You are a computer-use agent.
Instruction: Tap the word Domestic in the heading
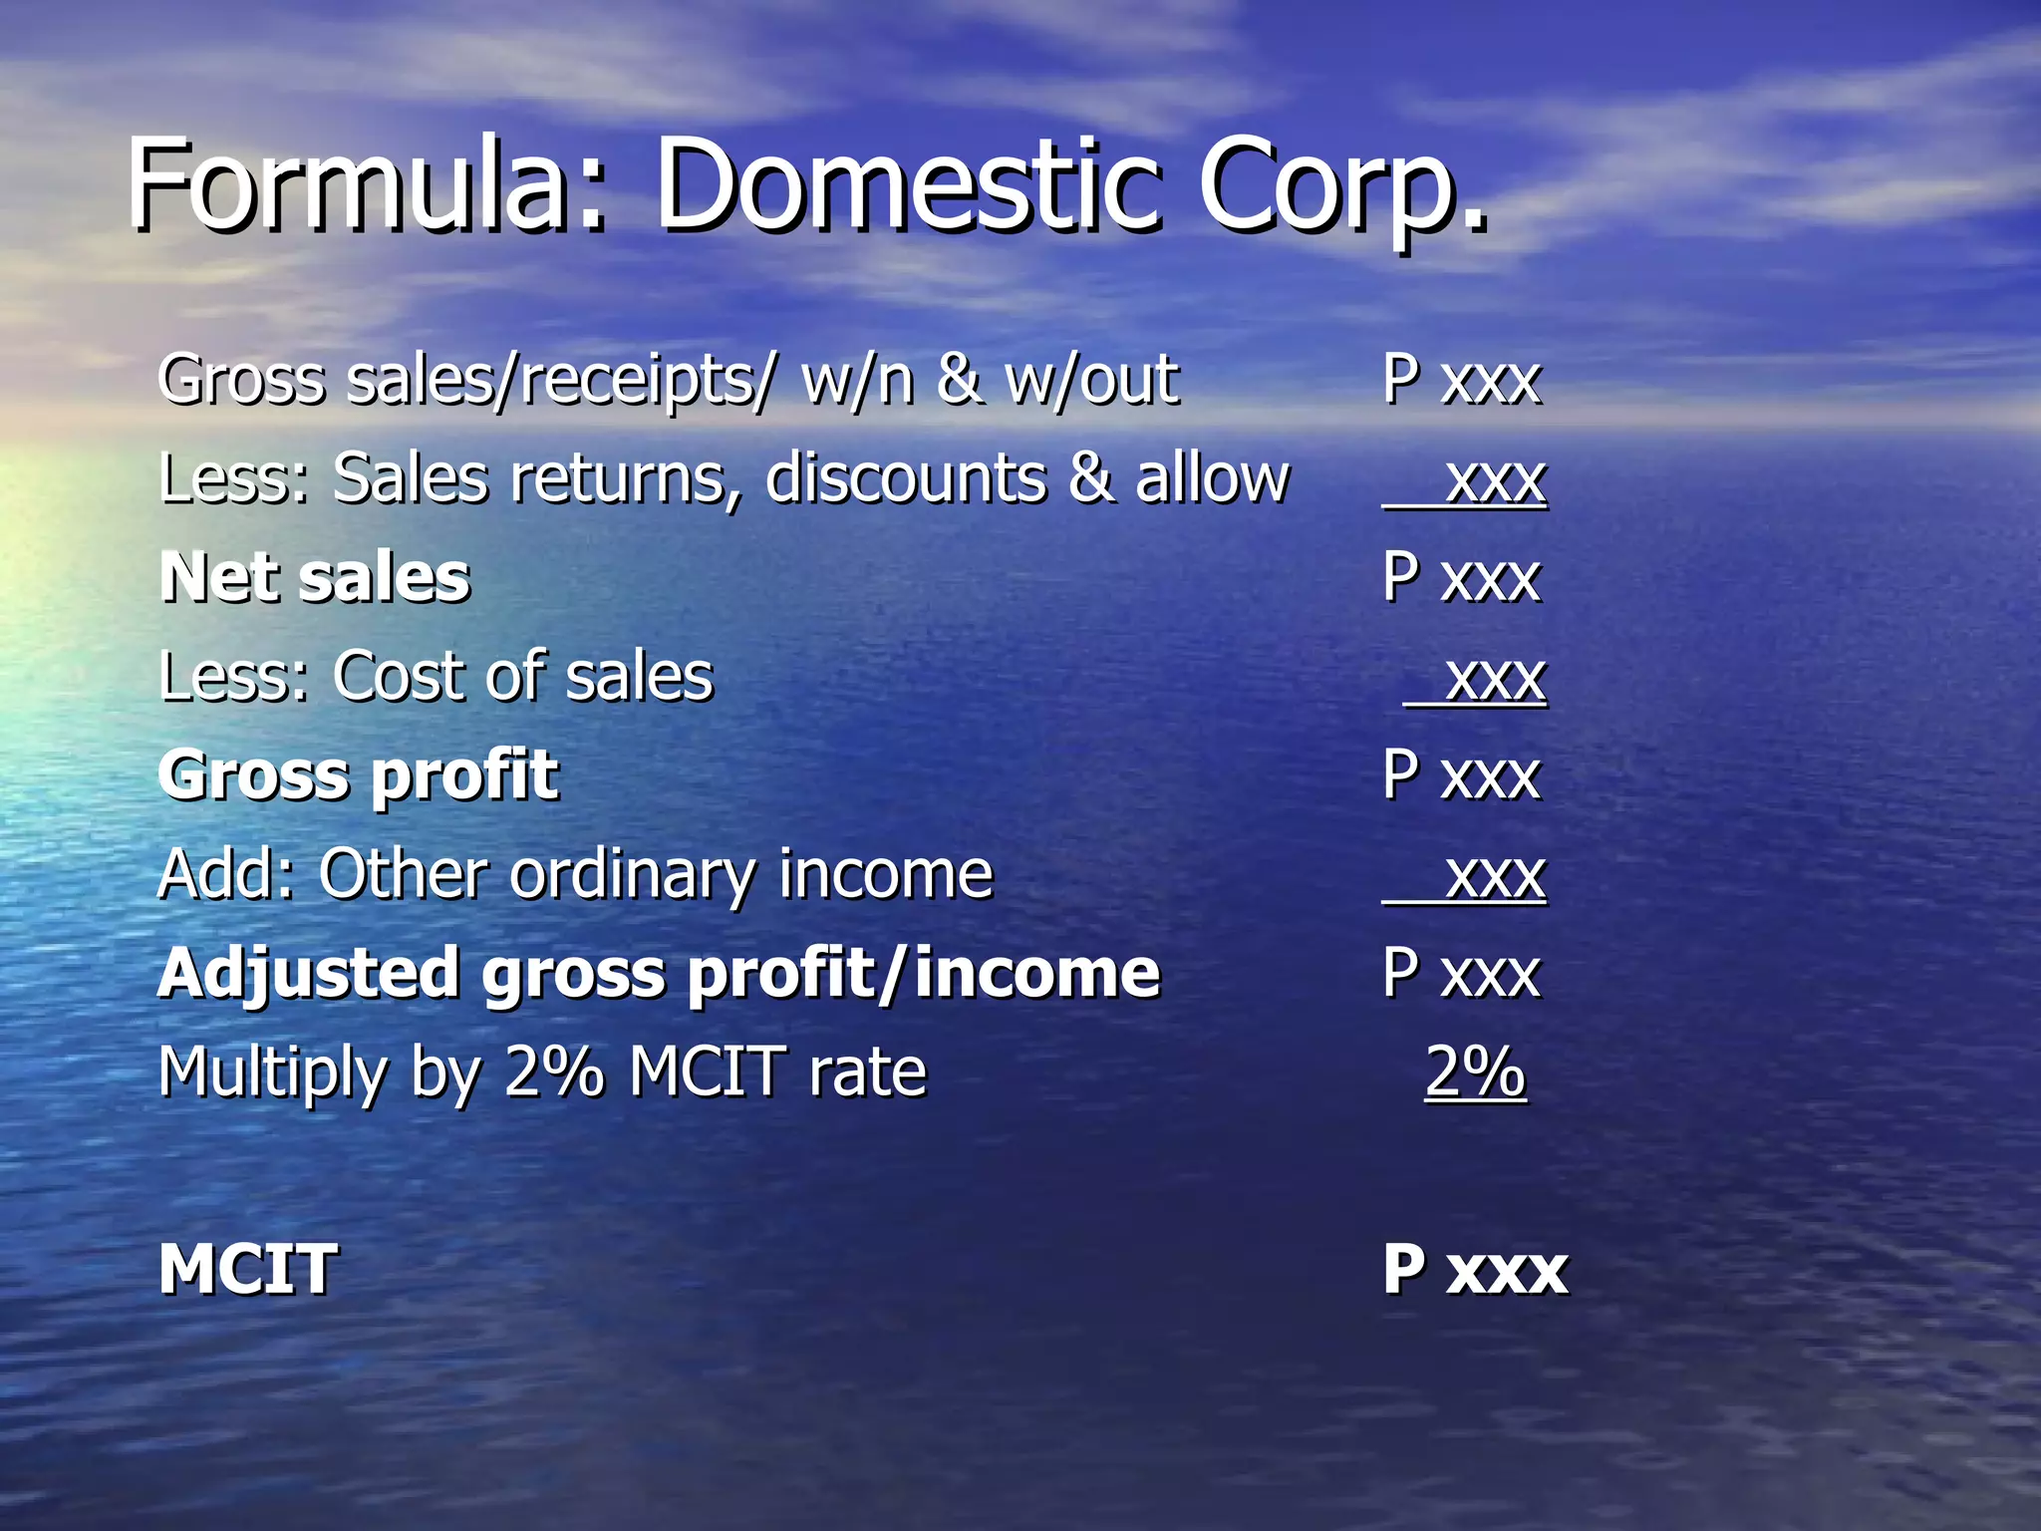click(907, 185)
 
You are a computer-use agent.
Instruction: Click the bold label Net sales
click(314, 578)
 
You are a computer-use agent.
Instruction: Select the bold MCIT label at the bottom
click(248, 1270)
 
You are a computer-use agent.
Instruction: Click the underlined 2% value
click(1475, 1072)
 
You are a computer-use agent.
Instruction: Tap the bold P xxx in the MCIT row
click(1475, 1270)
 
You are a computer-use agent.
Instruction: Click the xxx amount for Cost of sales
click(1495, 678)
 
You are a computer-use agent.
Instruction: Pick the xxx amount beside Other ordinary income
click(1495, 875)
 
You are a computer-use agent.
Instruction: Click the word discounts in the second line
click(906, 478)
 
